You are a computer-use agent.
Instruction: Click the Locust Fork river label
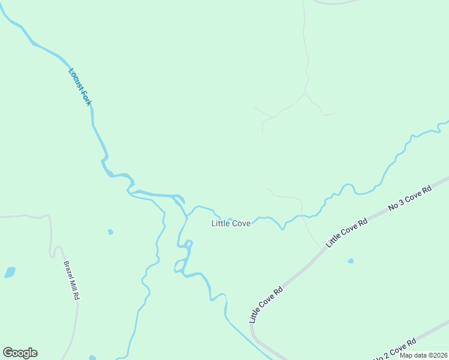[80, 87]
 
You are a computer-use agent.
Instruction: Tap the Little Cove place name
[231, 223]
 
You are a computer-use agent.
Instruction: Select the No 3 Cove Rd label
[410, 199]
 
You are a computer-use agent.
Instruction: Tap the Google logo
[20, 353]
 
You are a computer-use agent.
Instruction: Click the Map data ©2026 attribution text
[423, 355]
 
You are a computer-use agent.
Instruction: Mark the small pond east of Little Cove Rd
[351, 261]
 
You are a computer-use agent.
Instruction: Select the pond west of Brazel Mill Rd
[10, 272]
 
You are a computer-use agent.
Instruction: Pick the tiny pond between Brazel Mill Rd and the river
[110, 232]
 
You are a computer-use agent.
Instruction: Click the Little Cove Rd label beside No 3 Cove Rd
[346, 233]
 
